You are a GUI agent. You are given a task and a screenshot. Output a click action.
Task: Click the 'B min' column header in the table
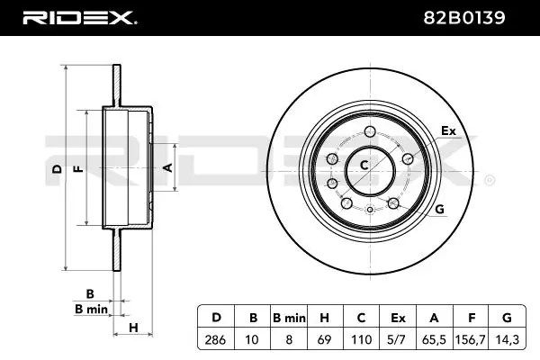pos(288,317)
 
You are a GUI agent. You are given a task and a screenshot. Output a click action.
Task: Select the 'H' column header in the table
pos(325,317)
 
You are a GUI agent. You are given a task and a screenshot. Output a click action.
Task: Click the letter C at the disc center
pos(364,165)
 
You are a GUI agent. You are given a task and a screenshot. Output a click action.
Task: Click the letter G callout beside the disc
pos(440,210)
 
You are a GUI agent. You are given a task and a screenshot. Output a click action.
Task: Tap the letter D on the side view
pos(56,168)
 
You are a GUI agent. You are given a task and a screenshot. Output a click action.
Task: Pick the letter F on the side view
pos(77,168)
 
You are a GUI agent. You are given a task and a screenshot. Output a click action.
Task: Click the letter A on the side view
pos(166,167)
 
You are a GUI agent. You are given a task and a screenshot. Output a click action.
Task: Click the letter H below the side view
pos(132,326)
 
